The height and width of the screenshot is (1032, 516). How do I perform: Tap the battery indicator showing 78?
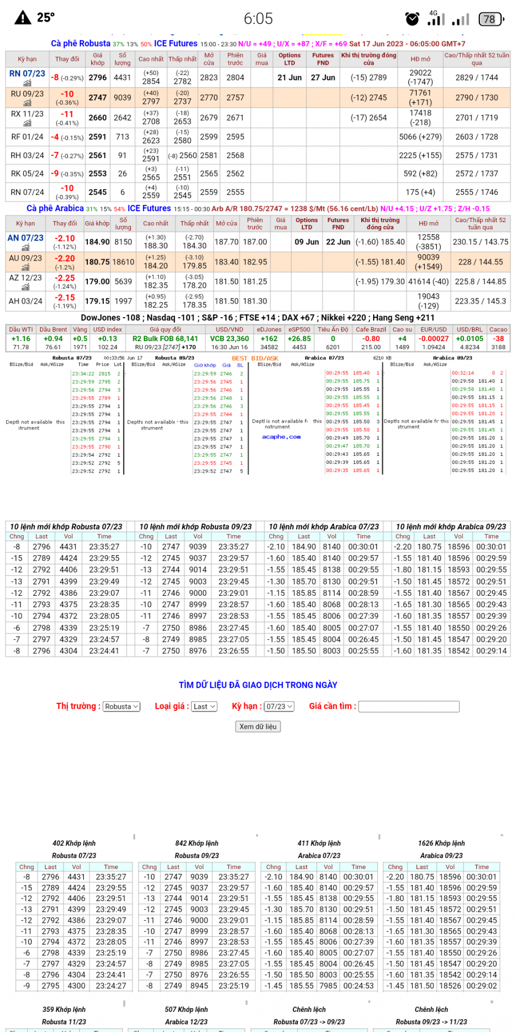pos(490,20)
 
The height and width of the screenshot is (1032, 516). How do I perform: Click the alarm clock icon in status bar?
pos(413,19)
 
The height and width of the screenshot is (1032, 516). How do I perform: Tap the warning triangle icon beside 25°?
pos(23,18)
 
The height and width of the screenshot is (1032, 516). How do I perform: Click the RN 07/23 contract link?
pos(27,74)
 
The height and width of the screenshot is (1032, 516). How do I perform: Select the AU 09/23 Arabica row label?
pos(26,259)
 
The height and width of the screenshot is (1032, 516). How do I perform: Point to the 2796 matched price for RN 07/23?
pos(98,78)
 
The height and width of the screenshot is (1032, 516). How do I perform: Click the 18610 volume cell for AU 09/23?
pos(123,262)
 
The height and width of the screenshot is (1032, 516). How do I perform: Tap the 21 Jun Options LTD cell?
pos(290,78)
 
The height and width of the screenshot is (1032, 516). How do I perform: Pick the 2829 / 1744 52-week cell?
pos(476,78)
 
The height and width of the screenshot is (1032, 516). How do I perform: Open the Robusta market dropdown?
pos(122,706)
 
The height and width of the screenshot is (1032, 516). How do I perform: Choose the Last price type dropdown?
pos(205,706)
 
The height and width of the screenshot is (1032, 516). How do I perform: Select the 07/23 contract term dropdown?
pos(279,706)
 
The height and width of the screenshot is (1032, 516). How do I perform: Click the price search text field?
pos(409,706)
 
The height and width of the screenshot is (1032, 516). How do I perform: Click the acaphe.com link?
pos(281,437)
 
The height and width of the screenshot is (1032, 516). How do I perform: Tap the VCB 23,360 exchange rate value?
pos(230,338)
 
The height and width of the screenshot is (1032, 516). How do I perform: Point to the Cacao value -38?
pos(498,338)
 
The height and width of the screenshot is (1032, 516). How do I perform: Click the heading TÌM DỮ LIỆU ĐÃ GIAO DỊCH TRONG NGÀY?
pos(258,685)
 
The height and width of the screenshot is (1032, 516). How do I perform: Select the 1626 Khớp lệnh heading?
pos(441,843)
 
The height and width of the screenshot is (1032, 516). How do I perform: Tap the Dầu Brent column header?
pos(53,329)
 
